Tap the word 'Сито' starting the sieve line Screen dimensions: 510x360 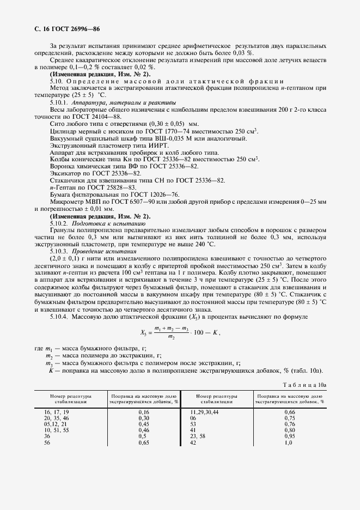(57, 123)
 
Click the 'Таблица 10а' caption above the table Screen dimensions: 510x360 (305, 385)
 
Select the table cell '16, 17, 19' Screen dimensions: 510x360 (57, 412)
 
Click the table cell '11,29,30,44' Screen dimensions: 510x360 (204, 412)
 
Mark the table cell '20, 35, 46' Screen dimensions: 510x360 (57, 418)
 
